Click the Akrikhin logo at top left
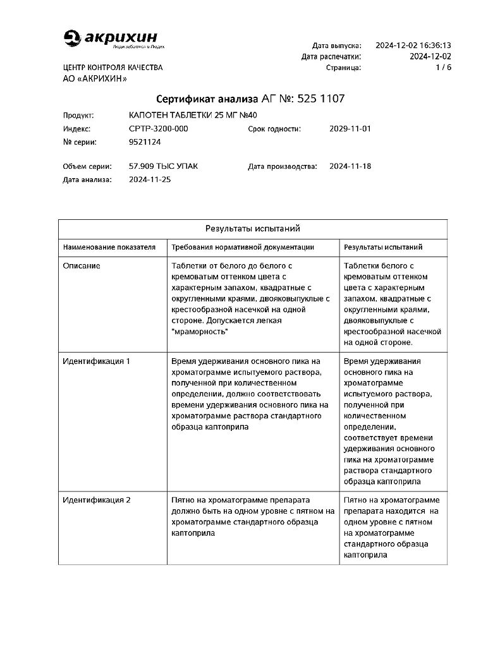(x=114, y=39)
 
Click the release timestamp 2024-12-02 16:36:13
(x=413, y=45)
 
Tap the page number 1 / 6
(x=443, y=67)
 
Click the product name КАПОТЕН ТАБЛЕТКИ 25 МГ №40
(x=193, y=115)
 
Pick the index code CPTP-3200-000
(x=158, y=129)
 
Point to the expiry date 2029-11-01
(x=350, y=129)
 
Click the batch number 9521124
(x=144, y=142)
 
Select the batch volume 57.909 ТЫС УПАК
(x=163, y=167)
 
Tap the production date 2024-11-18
(x=350, y=167)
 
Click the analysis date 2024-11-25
(x=150, y=179)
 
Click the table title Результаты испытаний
(x=252, y=228)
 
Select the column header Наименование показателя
(x=109, y=247)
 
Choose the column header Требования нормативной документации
(x=243, y=247)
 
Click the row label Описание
(x=82, y=266)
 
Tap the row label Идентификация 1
(x=96, y=361)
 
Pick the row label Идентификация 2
(x=96, y=500)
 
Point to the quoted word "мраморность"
(x=200, y=331)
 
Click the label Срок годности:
(x=274, y=129)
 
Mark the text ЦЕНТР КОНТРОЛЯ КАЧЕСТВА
(x=113, y=68)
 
